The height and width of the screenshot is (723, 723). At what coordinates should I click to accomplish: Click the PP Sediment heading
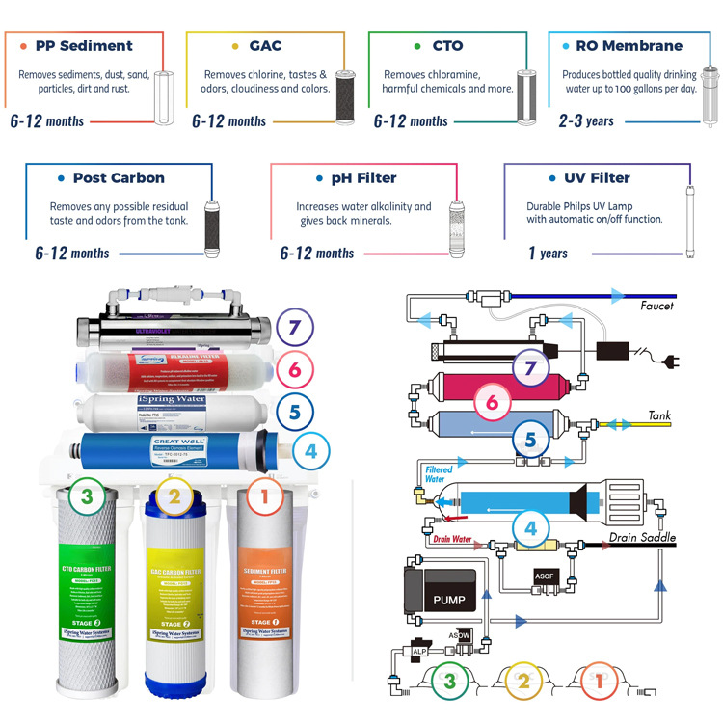[x=84, y=45]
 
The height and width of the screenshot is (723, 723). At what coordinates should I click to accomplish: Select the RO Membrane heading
[x=629, y=45]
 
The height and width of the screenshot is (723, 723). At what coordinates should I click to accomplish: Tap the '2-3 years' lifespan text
[x=585, y=121]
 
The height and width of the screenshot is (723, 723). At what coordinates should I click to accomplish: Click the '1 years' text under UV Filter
[x=548, y=254]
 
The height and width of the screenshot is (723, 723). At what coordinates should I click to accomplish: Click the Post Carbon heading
[x=119, y=177]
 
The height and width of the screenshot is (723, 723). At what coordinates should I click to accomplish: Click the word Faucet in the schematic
[x=657, y=306]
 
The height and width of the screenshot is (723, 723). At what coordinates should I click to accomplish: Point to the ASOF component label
[x=545, y=576]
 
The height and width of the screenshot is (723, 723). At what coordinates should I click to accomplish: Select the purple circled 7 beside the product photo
[x=295, y=327]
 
